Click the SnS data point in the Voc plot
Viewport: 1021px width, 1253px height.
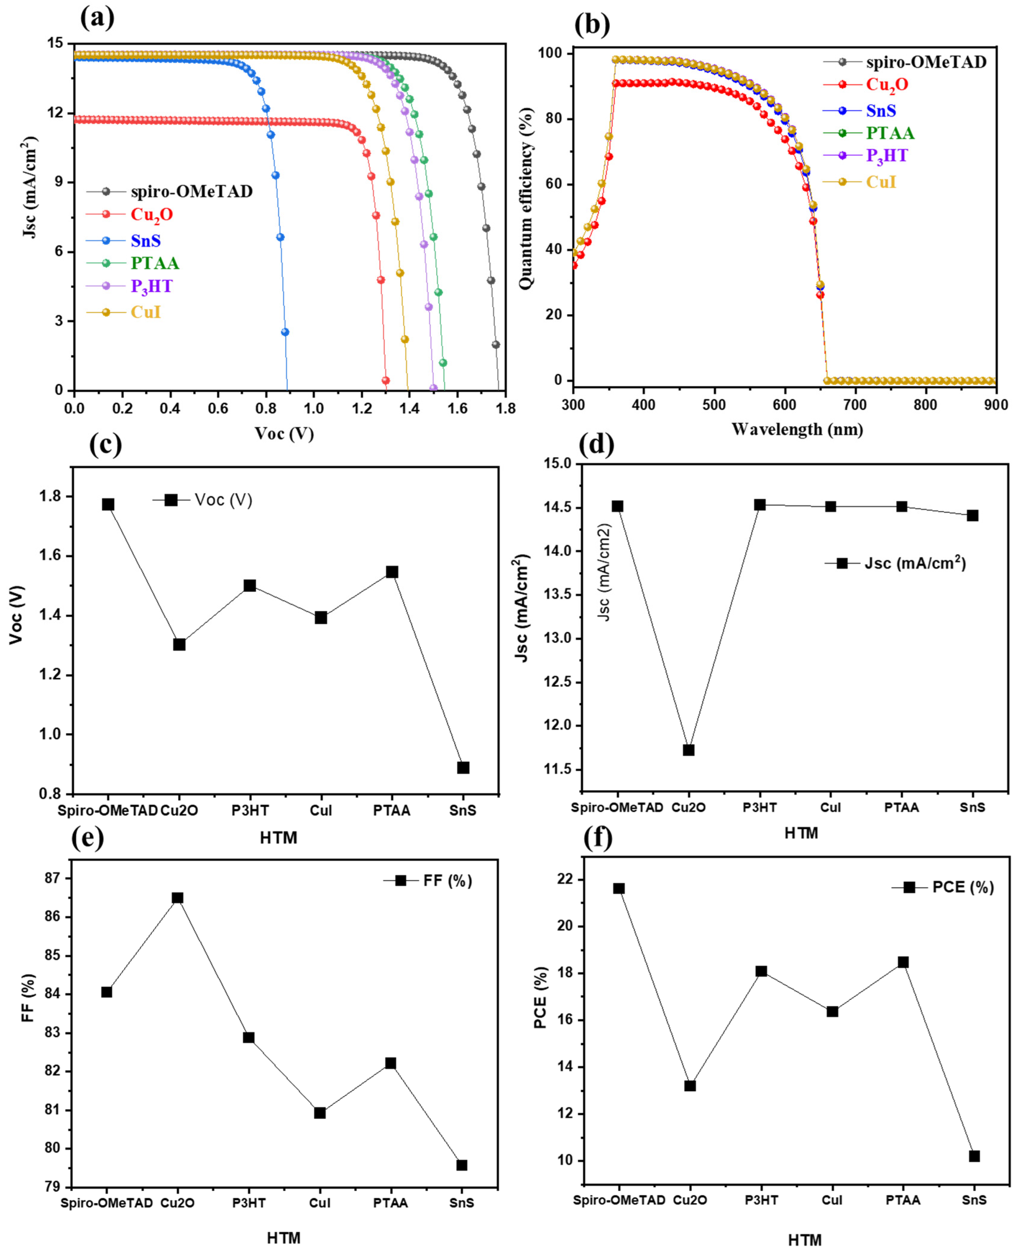pos(463,768)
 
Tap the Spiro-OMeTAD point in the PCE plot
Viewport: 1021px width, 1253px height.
pos(619,888)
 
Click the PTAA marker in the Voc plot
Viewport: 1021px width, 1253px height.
pos(392,572)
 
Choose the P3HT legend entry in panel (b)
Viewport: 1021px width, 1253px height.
pos(886,156)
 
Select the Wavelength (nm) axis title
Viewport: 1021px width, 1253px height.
pos(797,429)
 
